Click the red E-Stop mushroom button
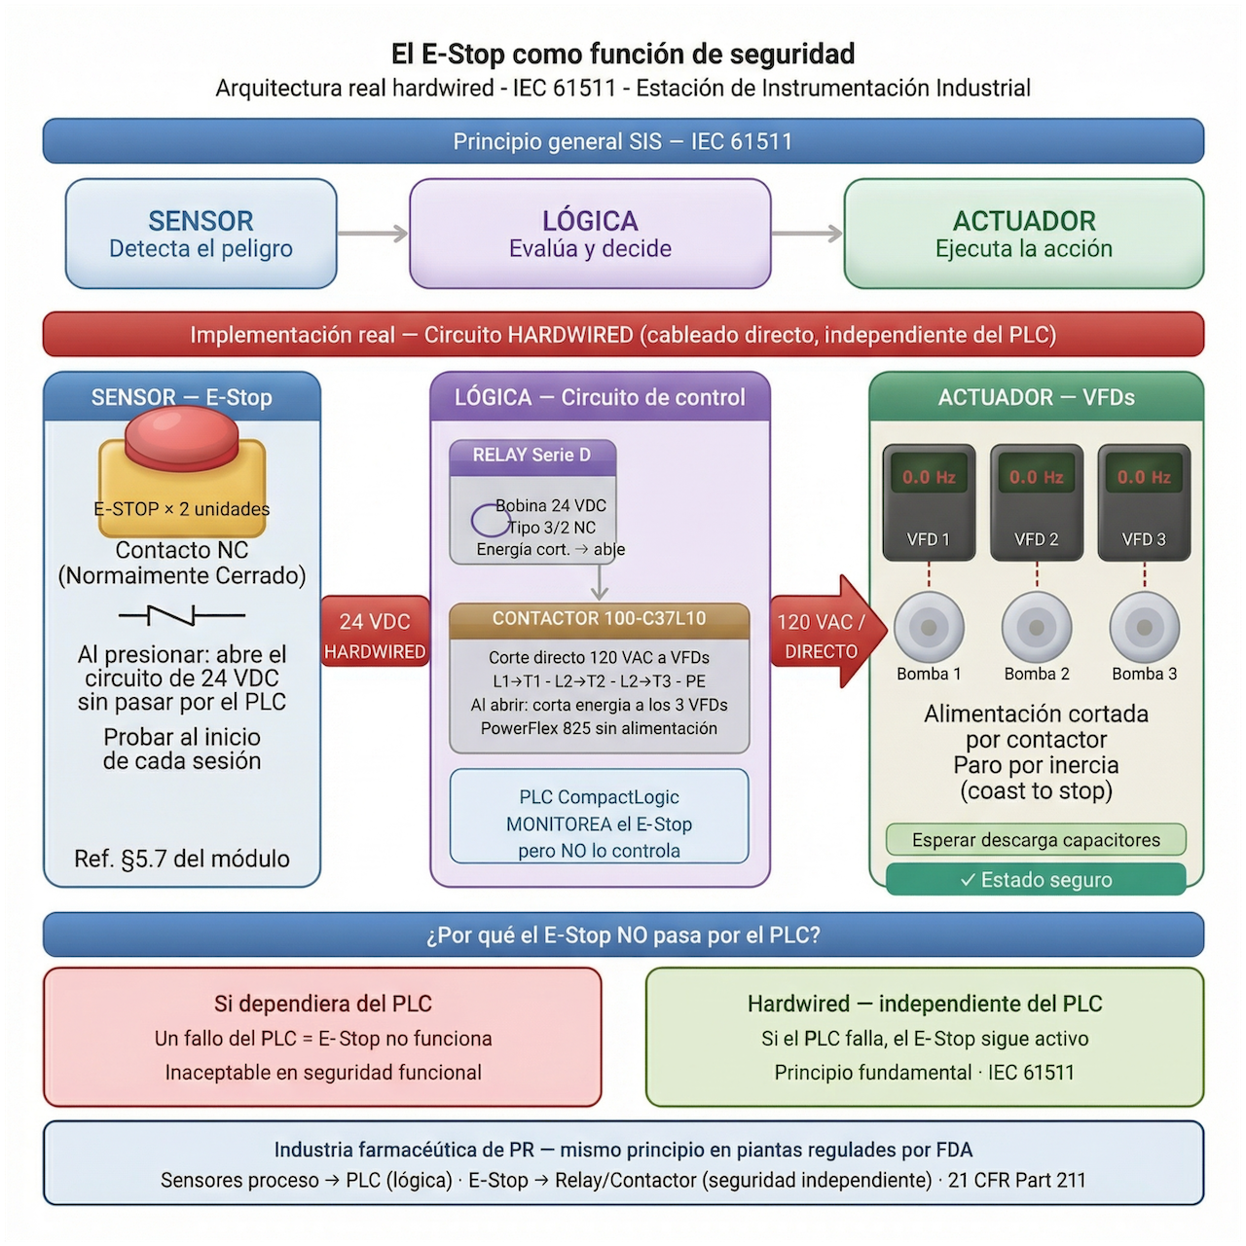coord(181,438)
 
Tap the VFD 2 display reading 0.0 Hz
coord(1036,477)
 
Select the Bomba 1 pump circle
coord(929,628)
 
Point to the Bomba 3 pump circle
coord(1145,628)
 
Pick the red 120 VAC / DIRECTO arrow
coord(827,632)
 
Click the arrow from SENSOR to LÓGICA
coord(373,233)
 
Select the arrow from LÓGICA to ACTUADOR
coord(807,233)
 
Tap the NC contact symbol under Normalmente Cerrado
coord(182,615)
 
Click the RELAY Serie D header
coord(531,455)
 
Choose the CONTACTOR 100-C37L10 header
coord(599,618)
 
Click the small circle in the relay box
coord(490,522)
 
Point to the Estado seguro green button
coord(1036,880)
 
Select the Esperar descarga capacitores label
coord(1036,839)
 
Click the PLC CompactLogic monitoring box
coord(599,824)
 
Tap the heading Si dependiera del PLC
coord(322,1004)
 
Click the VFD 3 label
coord(1144,539)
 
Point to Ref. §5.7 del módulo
coord(182,859)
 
